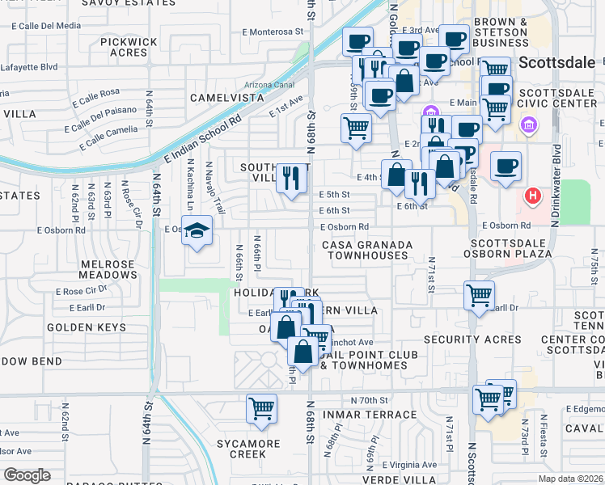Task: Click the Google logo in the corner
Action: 27,475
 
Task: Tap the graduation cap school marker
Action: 197,232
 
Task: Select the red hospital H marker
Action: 532,195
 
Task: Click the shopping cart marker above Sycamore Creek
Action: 261,408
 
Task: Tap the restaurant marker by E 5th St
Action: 291,178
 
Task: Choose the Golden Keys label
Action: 86,327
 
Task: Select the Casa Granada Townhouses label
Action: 367,250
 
